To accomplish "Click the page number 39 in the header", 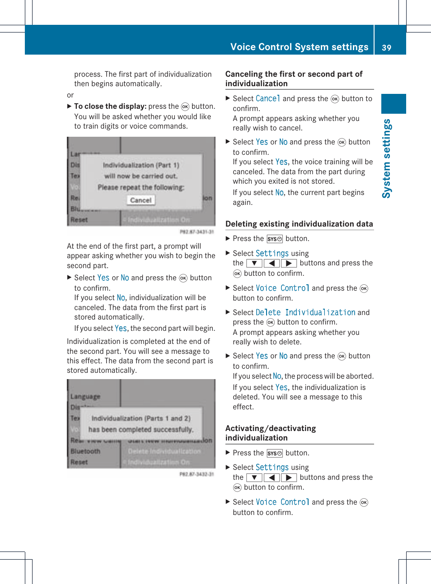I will pos(386,47).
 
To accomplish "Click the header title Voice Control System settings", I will pos(299,47).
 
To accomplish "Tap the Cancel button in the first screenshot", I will pos(141,200).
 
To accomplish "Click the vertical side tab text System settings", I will pos(387,158).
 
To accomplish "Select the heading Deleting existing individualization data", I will pos(299,224).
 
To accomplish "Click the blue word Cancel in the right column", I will pos(268,98).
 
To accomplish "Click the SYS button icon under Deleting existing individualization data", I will pos(275,239).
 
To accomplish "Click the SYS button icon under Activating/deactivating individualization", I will pos(275,453).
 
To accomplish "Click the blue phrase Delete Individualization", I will pos(305,312).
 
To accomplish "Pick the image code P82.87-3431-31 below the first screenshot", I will pos(197,232).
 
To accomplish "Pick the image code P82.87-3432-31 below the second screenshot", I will pos(197,474).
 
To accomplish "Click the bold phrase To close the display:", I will pos(110,107).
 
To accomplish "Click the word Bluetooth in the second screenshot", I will pos(85,451).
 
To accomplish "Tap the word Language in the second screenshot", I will pos(85,397).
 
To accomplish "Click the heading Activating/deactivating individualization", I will pos(271,433).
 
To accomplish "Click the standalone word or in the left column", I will pos(70,95).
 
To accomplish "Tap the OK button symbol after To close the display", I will pos(185,107).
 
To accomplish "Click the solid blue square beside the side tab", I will pos(394,104).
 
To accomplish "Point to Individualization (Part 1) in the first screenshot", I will pos(141,165).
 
